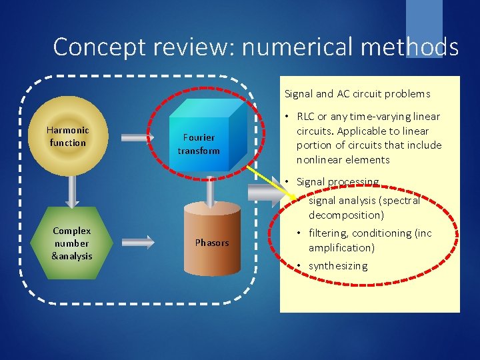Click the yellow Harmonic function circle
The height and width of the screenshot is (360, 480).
click(x=68, y=136)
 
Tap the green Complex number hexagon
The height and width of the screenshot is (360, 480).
click(x=72, y=243)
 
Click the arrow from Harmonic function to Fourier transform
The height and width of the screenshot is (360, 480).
click(x=137, y=137)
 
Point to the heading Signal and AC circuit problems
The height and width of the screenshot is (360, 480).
click(x=357, y=94)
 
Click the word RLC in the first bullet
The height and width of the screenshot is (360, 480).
click(x=306, y=117)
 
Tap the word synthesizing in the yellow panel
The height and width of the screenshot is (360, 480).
click(x=338, y=266)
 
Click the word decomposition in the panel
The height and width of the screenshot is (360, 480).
click(x=346, y=215)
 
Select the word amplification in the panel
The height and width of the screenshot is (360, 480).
click(x=341, y=248)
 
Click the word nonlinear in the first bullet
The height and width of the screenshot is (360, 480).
click(x=317, y=160)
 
